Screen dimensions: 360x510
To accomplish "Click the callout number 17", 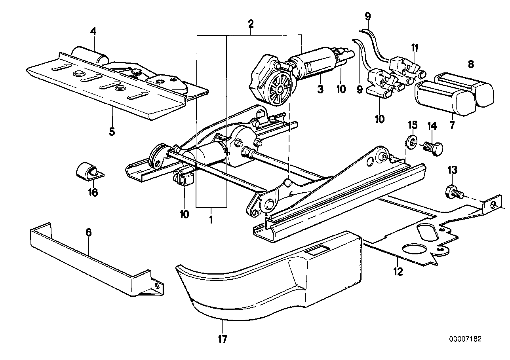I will (223, 339).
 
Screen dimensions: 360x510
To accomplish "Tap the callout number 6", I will (88, 233).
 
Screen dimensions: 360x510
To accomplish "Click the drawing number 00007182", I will (465, 339).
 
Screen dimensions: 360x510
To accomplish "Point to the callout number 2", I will (251, 24).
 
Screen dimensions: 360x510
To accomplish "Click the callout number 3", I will (320, 89).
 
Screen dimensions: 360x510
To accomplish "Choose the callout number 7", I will (452, 125).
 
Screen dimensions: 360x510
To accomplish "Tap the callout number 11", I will (414, 48).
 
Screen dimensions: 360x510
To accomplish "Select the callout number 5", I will (112, 131).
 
